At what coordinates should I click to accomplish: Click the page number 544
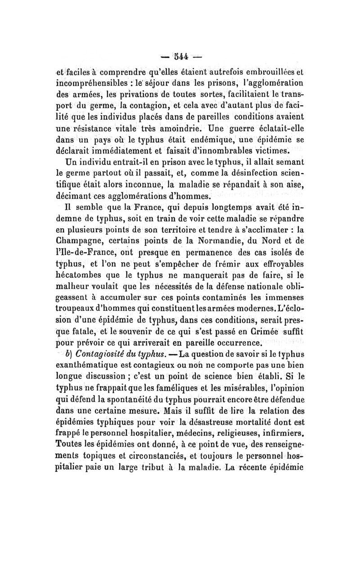point(179,57)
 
